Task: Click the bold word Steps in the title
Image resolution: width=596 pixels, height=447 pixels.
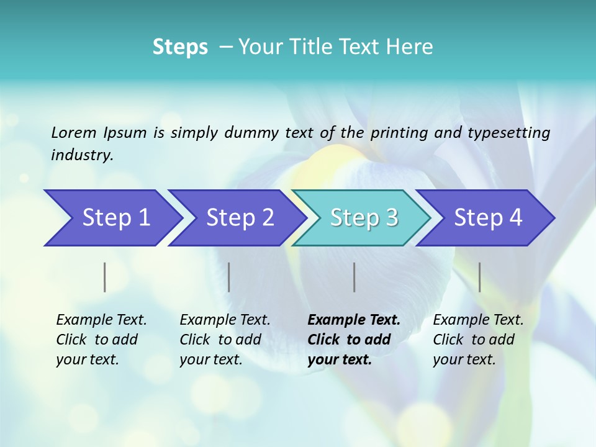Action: [180, 47]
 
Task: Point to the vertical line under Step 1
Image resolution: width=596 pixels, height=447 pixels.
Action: [105, 277]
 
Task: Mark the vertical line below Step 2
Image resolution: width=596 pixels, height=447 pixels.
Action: [229, 277]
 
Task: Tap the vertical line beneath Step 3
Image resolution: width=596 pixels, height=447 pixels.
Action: [354, 277]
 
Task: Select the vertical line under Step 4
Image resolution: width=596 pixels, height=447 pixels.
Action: [480, 277]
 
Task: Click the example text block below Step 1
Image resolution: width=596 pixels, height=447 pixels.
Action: [101, 340]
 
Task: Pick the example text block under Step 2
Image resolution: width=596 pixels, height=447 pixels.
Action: [225, 340]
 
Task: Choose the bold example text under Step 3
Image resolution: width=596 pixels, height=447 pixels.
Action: [354, 340]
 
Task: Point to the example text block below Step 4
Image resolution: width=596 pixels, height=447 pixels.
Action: [478, 340]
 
